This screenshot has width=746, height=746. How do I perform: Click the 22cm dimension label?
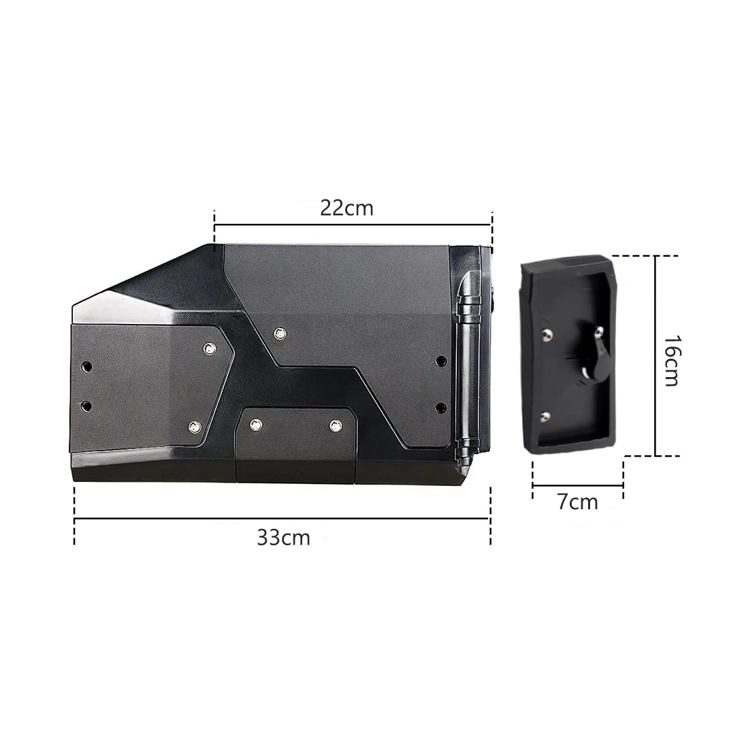tap(346, 208)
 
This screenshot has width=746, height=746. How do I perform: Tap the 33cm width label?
tap(284, 538)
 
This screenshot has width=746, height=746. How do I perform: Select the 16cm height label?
tap(671, 360)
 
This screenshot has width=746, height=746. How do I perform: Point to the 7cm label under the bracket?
tap(578, 502)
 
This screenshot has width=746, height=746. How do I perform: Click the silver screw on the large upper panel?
tap(280, 334)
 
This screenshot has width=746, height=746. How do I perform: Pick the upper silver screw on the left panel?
tap(210, 348)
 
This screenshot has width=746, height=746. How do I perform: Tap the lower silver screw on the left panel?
tap(194, 427)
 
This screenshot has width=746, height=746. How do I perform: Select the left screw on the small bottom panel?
tap(256, 424)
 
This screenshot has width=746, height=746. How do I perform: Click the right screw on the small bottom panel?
tap(336, 426)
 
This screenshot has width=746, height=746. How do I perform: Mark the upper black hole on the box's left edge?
tap(86, 367)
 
